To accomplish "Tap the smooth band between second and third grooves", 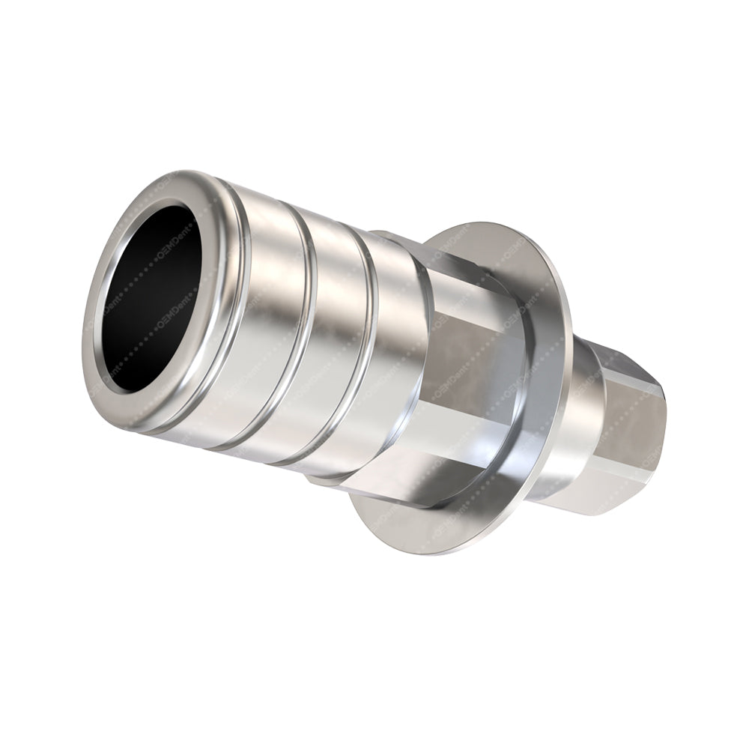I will tap(337, 345).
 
